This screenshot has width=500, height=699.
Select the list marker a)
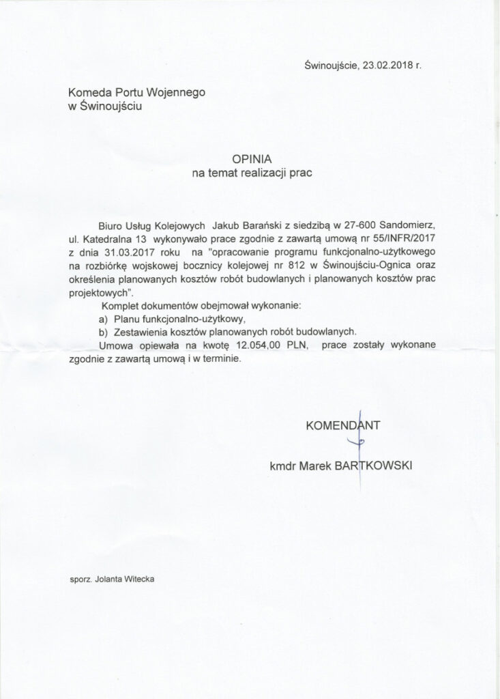[x=104, y=319]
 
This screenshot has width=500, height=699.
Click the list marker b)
[x=104, y=332]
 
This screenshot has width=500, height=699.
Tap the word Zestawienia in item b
[x=145, y=332]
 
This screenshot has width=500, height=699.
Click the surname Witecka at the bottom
[x=138, y=578]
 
